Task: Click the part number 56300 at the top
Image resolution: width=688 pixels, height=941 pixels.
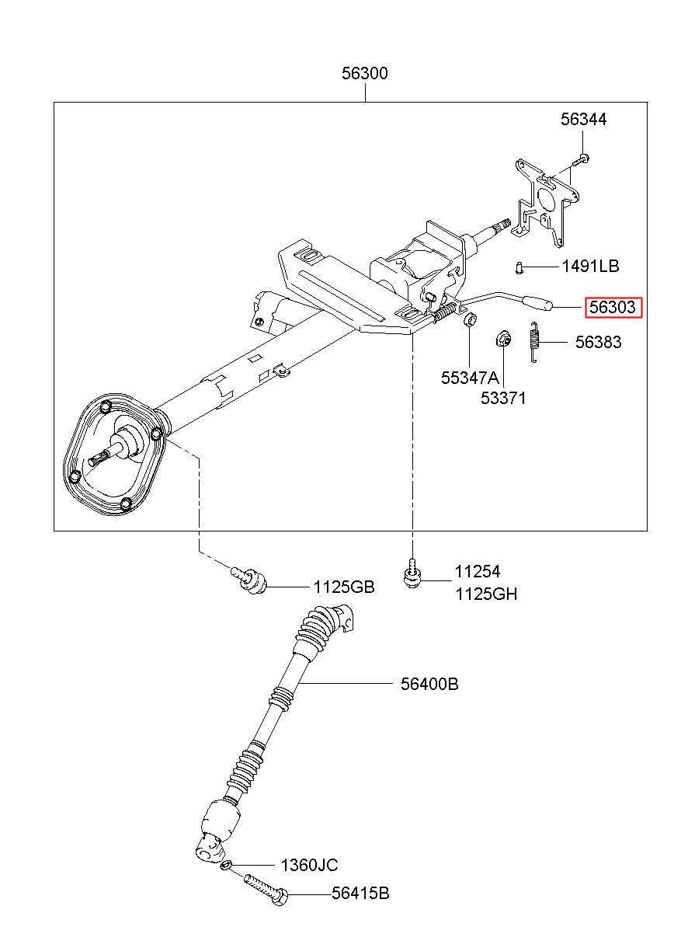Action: click(364, 73)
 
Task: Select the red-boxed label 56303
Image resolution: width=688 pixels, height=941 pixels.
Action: click(613, 307)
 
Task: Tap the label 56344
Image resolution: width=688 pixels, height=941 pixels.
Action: click(583, 120)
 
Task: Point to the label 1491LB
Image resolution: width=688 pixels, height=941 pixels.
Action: click(590, 266)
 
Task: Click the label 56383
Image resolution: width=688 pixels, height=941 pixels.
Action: click(598, 342)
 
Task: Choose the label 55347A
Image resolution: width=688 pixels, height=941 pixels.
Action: click(470, 378)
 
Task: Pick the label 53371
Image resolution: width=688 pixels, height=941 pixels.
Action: click(503, 398)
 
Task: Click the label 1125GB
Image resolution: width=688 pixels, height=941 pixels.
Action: click(344, 587)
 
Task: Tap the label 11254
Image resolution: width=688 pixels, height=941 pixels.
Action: click(478, 571)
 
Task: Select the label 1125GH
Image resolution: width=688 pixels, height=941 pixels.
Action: click(486, 594)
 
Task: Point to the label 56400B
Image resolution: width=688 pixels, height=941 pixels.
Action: click(429, 684)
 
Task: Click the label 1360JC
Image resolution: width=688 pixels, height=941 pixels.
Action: click(309, 865)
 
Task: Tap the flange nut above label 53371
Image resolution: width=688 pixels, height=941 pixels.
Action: click(503, 339)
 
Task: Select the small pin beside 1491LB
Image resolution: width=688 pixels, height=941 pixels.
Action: click(519, 267)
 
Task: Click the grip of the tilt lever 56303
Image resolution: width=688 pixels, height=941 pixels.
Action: click(537, 303)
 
